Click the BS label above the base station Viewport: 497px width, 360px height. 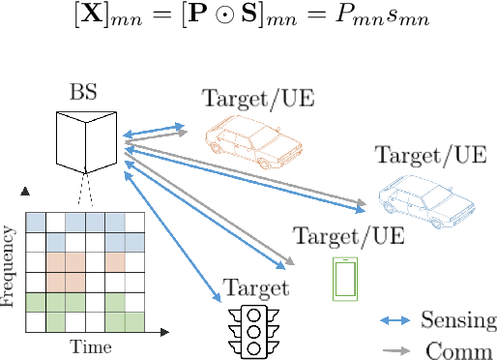click(x=82, y=93)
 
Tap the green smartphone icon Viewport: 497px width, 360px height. click(x=344, y=278)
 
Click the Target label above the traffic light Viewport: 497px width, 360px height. click(x=256, y=288)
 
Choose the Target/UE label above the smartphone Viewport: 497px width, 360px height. click(x=348, y=235)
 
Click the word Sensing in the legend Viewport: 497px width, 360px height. click(x=458, y=320)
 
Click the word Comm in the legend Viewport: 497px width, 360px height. click(x=458, y=349)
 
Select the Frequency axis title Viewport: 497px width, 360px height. click(x=10, y=267)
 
